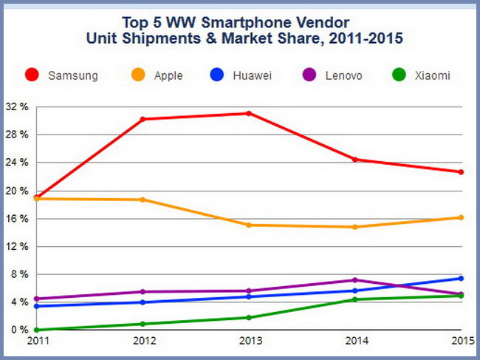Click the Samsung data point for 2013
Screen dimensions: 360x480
coord(249,113)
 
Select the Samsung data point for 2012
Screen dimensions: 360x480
coord(143,119)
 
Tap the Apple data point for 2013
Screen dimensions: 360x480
coord(249,225)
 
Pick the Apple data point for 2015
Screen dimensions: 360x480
coord(462,217)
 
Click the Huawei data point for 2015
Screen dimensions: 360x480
coord(462,279)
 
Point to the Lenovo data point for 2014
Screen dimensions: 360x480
coord(355,280)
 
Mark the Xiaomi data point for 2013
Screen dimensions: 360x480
coord(249,318)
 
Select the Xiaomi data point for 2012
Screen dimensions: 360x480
coord(143,324)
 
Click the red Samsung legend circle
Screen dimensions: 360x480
coord(32,75)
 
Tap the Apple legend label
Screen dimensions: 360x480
coord(168,75)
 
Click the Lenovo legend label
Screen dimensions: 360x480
coord(343,75)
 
